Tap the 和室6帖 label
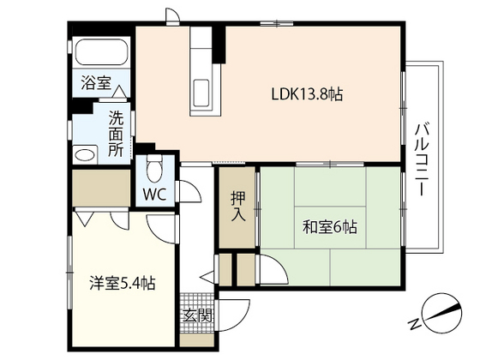pos(329,227)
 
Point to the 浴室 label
pos(95,83)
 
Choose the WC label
pos(154,194)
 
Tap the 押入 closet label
pos(239,207)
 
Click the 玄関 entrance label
pos(196,315)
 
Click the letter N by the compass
pos(413,323)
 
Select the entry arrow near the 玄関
pos(206,277)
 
